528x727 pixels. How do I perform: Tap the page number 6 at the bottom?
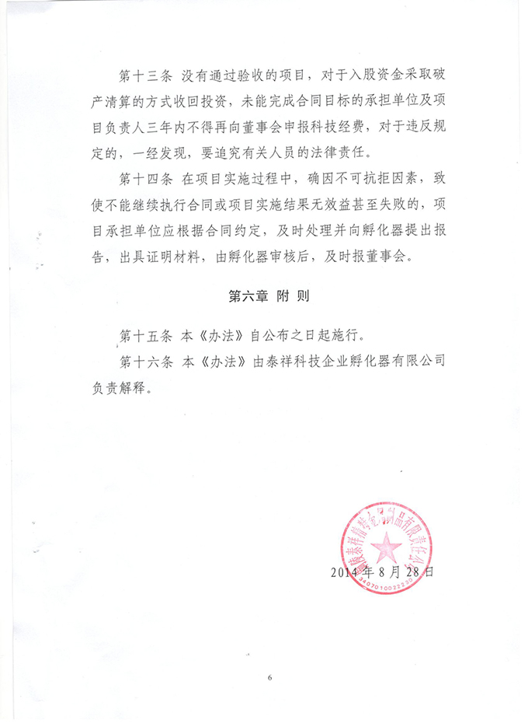(x=269, y=677)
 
